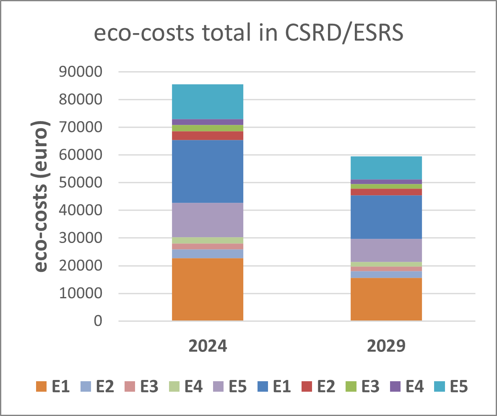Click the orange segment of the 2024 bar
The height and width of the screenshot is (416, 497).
(208, 289)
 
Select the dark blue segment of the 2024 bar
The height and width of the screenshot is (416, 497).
(208, 171)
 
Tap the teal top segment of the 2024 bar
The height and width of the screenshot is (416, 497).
(208, 102)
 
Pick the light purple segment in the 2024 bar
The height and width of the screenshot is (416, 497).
(208, 220)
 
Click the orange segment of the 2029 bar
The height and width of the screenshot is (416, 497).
(386, 299)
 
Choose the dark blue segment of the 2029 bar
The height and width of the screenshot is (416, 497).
(386, 217)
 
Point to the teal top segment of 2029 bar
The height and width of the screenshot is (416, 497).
(386, 168)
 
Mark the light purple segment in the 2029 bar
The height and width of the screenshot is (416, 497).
(386, 250)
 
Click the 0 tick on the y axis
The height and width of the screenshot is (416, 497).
(98, 321)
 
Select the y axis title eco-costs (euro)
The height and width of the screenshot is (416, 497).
(41, 197)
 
